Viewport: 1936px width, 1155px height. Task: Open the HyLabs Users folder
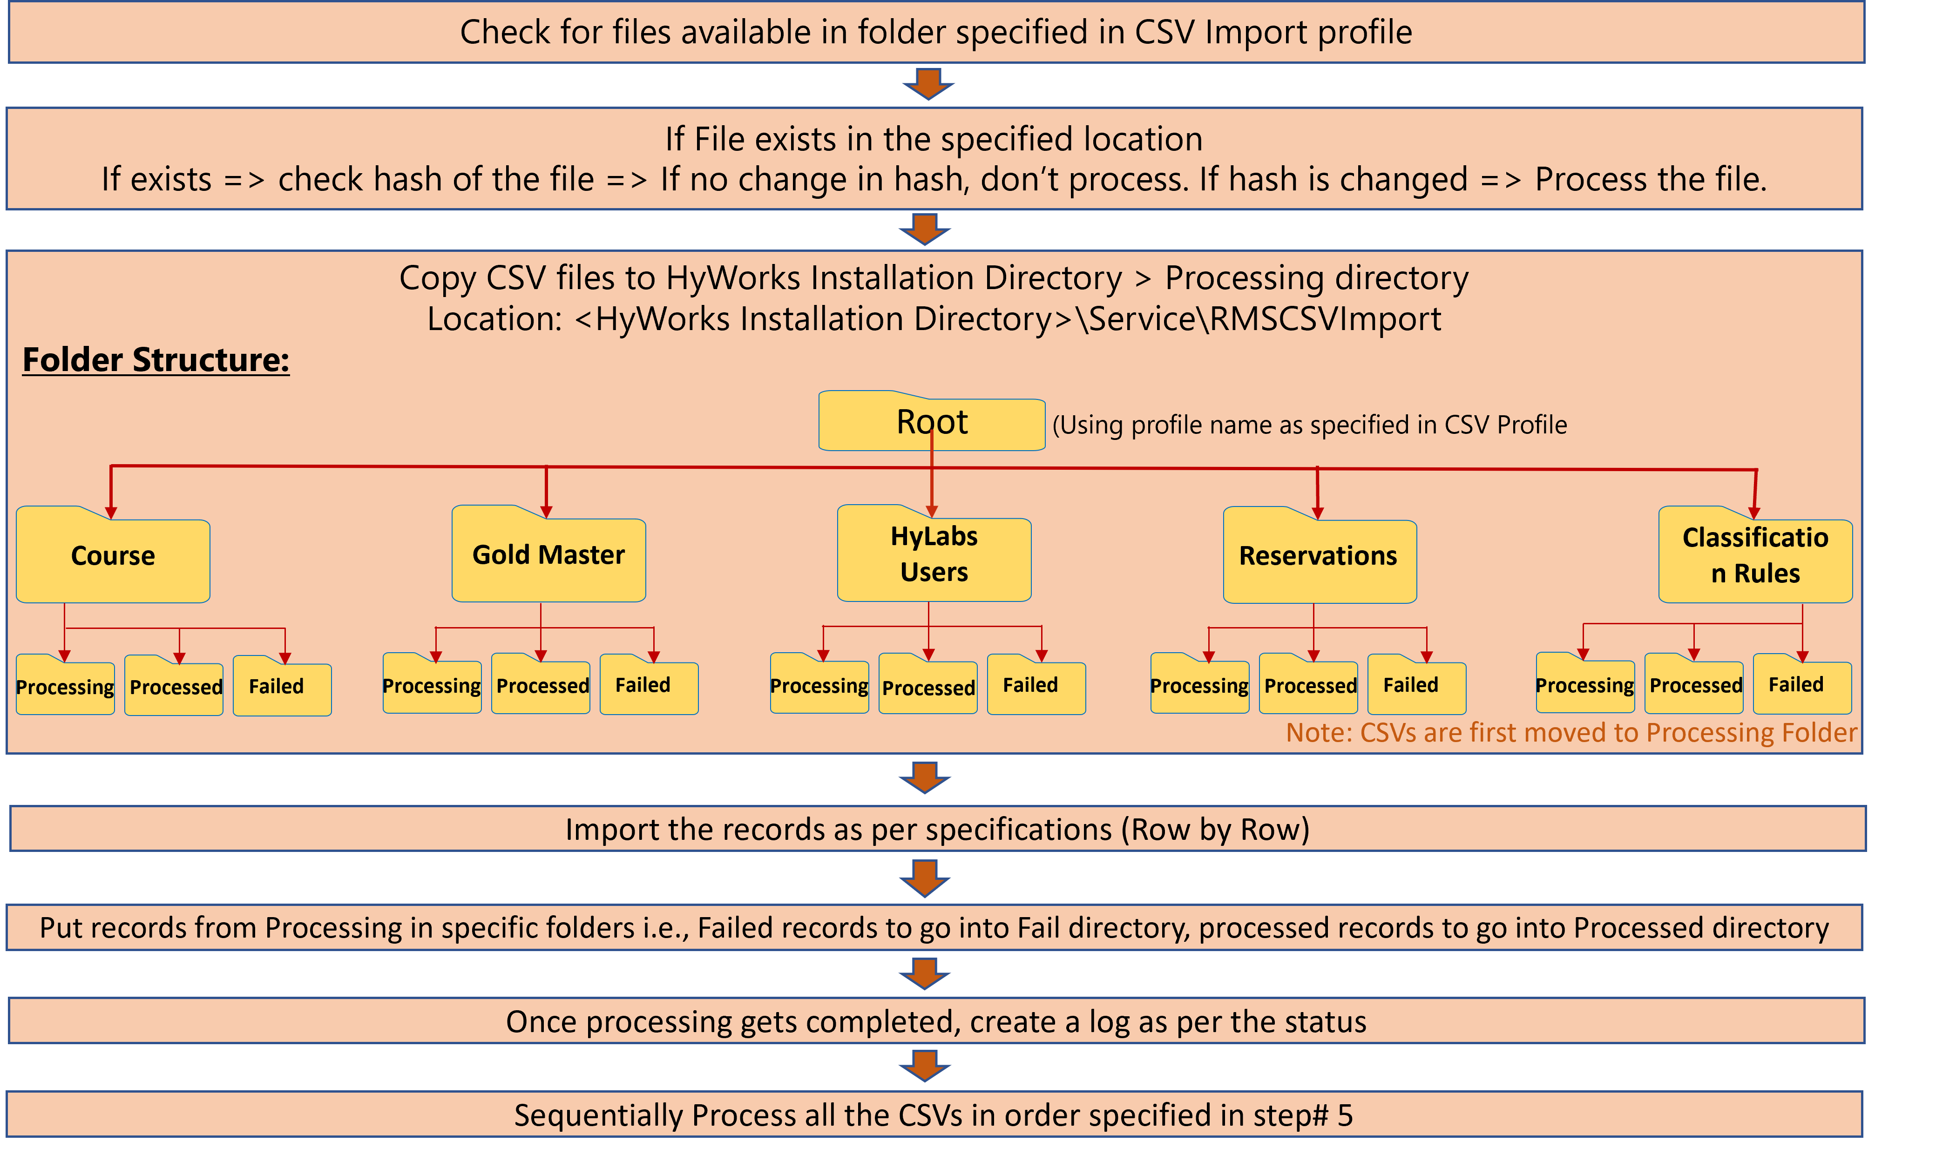click(x=934, y=554)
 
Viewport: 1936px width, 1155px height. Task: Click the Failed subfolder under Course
click(x=281, y=687)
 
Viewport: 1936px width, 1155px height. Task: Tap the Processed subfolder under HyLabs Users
click(x=928, y=687)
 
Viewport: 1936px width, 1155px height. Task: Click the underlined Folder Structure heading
click(x=156, y=359)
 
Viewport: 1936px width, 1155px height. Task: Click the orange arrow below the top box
click(x=928, y=83)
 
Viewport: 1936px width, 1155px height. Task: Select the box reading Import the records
click(x=937, y=829)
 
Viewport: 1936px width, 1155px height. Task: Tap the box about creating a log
click(x=936, y=1021)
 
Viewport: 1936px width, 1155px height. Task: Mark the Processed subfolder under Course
click(x=175, y=687)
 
